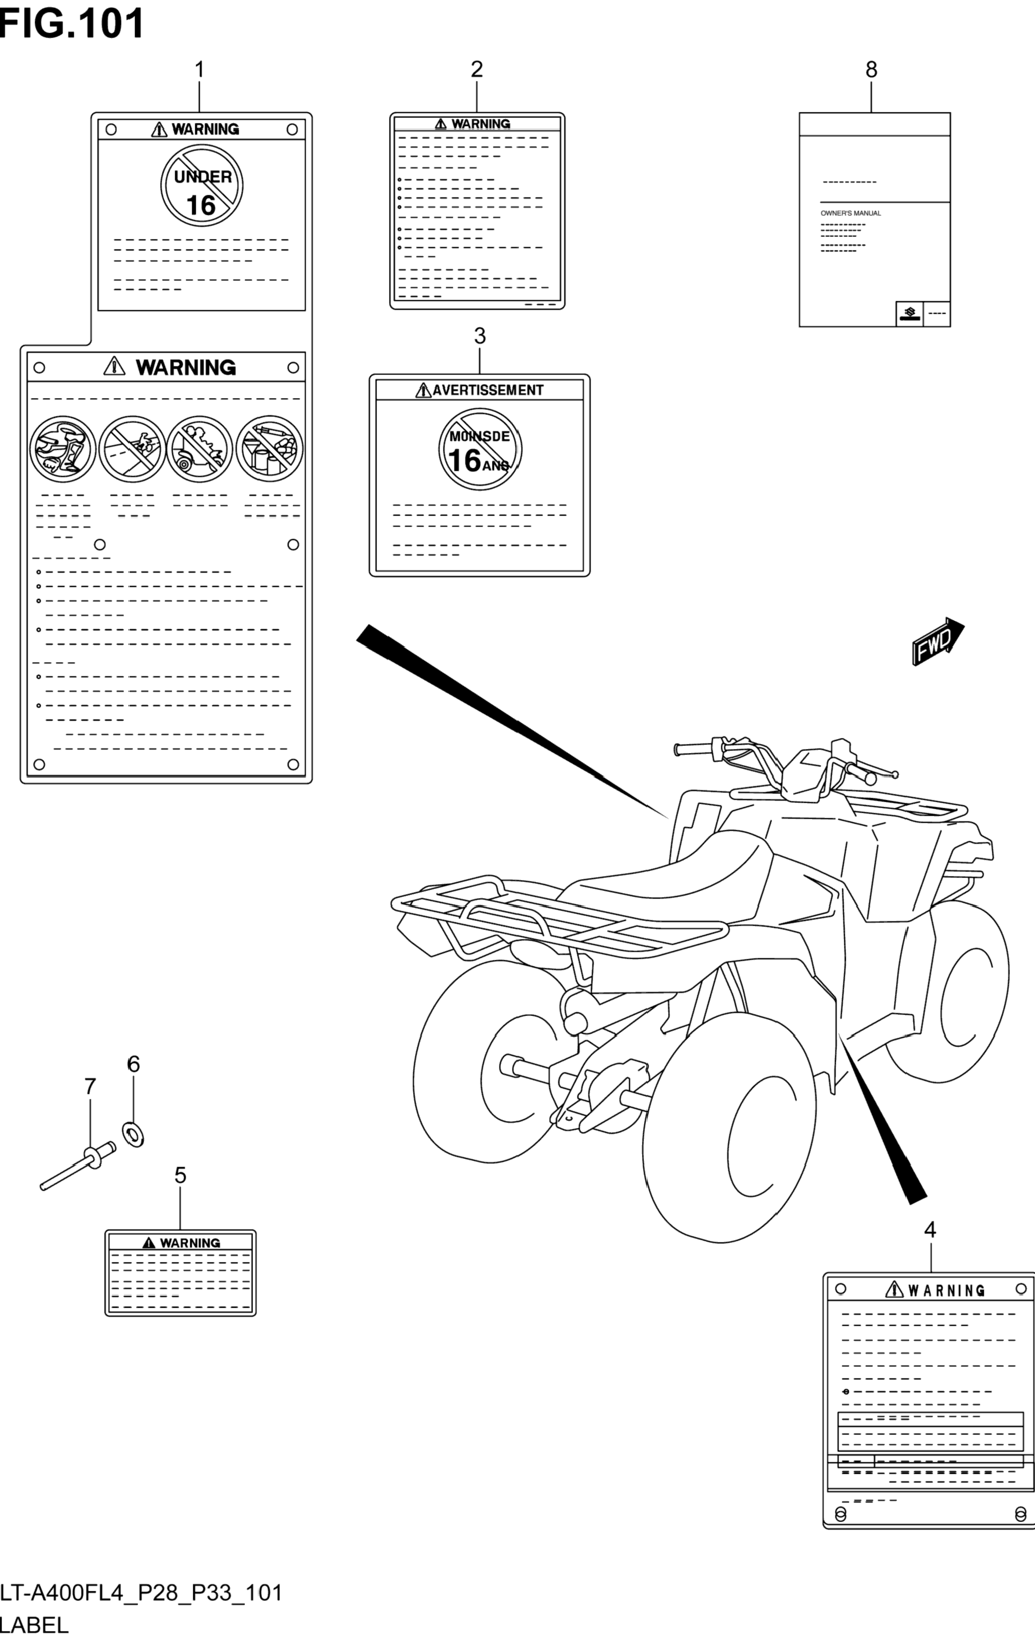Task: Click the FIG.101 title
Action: point(71,24)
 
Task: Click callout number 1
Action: point(199,69)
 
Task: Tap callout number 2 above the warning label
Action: point(477,69)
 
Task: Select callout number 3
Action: point(479,336)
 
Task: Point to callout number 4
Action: point(930,1230)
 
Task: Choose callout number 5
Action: point(180,1176)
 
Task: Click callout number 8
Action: point(871,69)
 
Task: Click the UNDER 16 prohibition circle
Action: point(202,185)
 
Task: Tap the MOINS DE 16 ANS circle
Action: point(479,449)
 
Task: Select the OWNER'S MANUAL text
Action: point(850,213)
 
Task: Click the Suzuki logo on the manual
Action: point(910,313)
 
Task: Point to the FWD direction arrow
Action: point(938,641)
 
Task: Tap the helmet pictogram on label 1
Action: point(62,449)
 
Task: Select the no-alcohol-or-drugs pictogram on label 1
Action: point(270,449)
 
